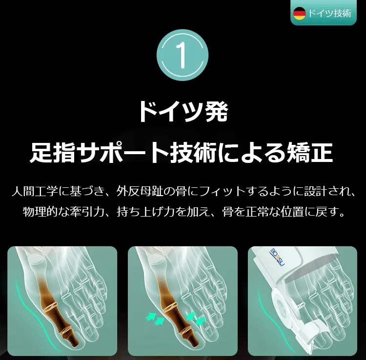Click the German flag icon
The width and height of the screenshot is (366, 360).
click(x=300, y=14)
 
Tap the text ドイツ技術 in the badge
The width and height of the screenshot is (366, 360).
click(x=329, y=14)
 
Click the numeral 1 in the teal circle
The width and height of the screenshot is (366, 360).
click(x=182, y=55)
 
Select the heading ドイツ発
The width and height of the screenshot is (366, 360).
click(x=183, y=112)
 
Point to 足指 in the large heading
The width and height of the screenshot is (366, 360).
click(x=53, y=153)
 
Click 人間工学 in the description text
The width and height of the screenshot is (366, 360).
click(x=35, y=192)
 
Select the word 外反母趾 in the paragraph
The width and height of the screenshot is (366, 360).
click(x=139, y=192)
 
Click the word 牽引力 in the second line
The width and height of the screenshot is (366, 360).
click(x=92, y=212)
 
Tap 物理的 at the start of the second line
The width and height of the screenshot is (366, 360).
click(x=40, y=212)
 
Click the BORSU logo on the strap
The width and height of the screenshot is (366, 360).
click(x=277, y=258)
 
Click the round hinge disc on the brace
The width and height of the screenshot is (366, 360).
click(x=281, y=306)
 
